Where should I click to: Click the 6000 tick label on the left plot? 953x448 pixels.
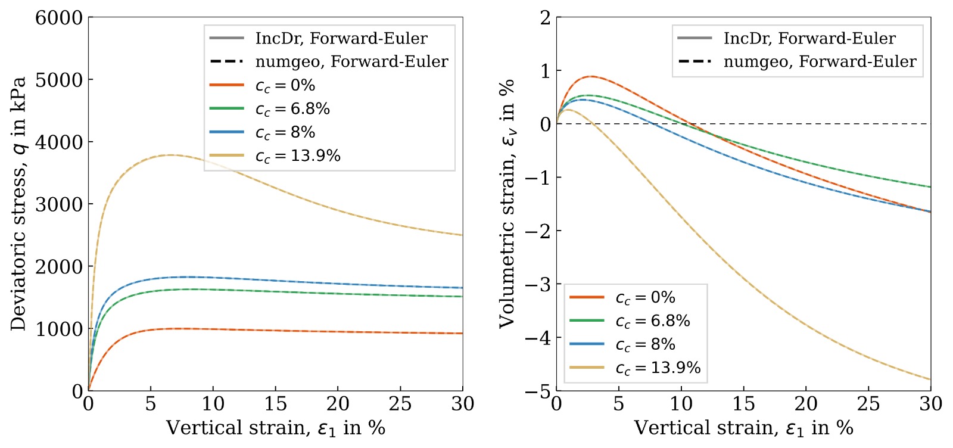59,18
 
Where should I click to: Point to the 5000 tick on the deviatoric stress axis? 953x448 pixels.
59,80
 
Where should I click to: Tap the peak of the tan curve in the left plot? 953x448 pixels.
170,155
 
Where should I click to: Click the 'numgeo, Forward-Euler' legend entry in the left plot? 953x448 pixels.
329,62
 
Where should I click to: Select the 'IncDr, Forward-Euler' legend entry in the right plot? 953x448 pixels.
786,38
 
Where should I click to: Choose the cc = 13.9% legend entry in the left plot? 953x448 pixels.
275,155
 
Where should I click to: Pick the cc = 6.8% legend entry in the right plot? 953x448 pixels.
630,321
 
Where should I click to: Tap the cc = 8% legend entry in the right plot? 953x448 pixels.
622,344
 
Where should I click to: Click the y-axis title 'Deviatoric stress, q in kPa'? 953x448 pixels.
18,203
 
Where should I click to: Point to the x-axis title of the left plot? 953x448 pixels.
276,428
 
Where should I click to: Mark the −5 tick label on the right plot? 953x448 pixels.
538,391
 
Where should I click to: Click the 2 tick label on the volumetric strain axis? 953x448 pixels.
546,18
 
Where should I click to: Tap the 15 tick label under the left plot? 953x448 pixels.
275,404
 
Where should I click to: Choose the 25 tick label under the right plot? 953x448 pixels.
868,404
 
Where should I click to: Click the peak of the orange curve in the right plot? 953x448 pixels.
591,76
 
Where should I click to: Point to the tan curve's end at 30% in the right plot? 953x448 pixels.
930,379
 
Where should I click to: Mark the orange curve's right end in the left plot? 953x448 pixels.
462,333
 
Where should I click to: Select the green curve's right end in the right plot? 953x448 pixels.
930,187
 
